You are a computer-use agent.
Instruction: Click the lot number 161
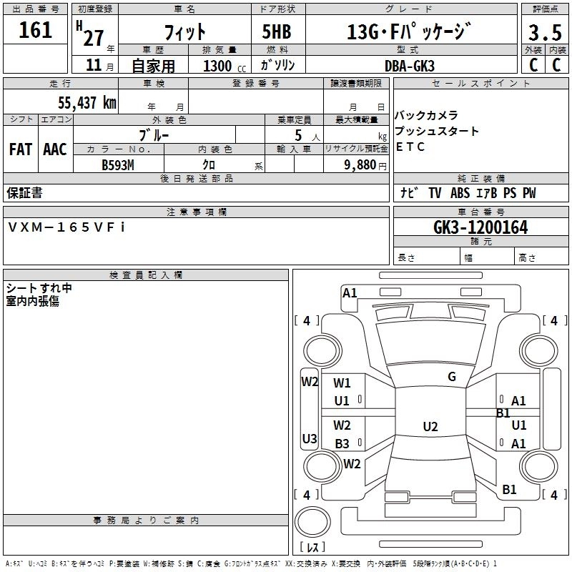(x=35, y=29)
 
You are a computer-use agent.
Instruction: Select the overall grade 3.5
(x=545, y=32)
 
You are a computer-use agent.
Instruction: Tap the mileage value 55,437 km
(x=87, y=102)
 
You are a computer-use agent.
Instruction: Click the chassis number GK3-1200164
(x=480, y=227)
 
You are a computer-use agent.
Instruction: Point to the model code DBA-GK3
(x=410, y=66)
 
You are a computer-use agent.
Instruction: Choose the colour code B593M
(x=118, y=165)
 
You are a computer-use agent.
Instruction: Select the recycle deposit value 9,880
(x=360, y=164)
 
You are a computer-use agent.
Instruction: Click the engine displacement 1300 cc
(x=225, y=66)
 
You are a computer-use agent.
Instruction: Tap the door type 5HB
(x=277, y=31)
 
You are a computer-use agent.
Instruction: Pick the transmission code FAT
(x=21, y=149)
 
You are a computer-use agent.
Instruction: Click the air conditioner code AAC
(x=55, y=149)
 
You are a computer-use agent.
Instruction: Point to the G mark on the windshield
(x=452, y=376)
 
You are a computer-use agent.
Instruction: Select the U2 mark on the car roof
(x=430, y=426)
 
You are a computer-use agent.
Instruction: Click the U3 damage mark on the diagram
(x=310, y=438)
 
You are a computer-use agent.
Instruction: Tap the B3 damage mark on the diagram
(x=342, y=443)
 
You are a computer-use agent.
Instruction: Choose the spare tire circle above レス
(x=312, y=522)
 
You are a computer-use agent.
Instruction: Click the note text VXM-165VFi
(x=66, y=227)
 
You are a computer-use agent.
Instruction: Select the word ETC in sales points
(x=410, y=147)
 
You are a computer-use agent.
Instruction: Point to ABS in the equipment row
(x=460, y=193)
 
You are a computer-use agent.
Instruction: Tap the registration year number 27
(x=94, y=38)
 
